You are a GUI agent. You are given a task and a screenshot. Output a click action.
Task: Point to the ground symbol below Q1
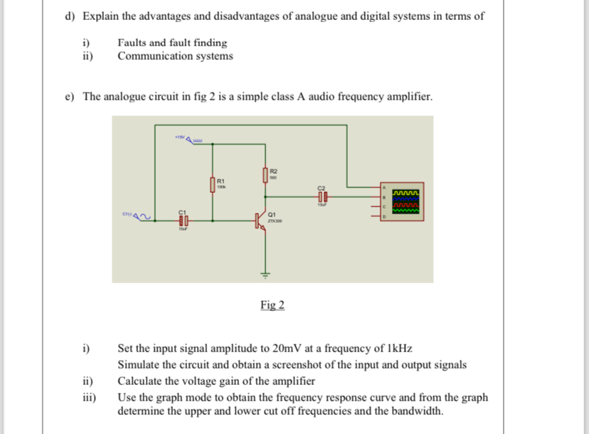[x=267, y=275]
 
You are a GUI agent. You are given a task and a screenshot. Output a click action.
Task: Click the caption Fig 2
[x=272, y=305]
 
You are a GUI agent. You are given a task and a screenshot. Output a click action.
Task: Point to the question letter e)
[x=68, y=96]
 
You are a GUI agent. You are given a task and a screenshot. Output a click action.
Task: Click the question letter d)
[x=68, y=16]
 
